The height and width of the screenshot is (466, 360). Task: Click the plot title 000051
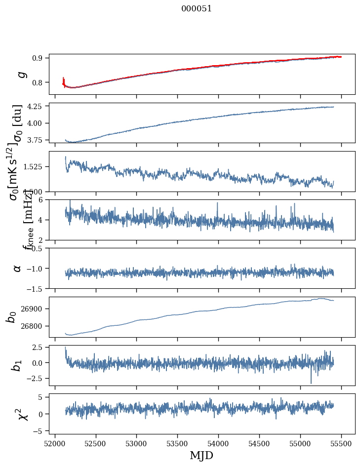197,8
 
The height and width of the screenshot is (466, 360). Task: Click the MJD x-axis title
201,455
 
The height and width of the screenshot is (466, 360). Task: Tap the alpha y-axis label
17,268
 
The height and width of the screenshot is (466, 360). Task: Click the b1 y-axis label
17,365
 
